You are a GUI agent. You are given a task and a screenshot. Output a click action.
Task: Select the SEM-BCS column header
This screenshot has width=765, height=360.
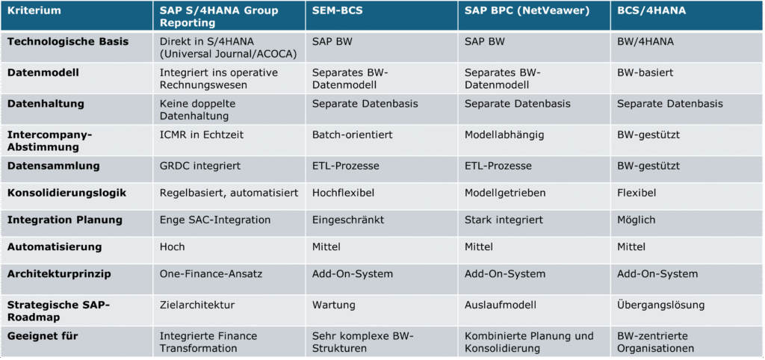337,11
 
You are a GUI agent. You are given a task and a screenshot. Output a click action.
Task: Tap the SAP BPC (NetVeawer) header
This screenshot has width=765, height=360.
515,11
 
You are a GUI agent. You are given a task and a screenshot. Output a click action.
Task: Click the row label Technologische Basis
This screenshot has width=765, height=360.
68,42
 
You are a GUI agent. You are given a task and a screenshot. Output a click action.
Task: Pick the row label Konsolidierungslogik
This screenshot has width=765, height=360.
67,193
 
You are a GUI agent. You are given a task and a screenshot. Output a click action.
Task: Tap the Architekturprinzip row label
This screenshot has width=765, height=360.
59,273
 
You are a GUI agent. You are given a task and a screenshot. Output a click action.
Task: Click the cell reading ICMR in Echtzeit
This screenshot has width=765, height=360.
202,134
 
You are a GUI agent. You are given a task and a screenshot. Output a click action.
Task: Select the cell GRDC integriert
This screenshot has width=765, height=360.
200,165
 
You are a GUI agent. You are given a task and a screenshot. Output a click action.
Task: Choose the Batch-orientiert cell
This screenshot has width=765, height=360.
352,134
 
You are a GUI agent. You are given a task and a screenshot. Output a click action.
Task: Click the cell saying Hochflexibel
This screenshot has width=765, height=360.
341,193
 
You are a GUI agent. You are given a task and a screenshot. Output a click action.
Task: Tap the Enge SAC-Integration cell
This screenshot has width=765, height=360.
214,220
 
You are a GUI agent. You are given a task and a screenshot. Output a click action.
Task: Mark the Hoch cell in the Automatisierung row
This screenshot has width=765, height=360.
173,246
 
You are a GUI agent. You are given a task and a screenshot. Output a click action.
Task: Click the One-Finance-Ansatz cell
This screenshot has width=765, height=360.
211,273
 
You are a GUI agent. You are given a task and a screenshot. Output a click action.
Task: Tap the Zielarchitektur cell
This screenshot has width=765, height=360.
197,305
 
